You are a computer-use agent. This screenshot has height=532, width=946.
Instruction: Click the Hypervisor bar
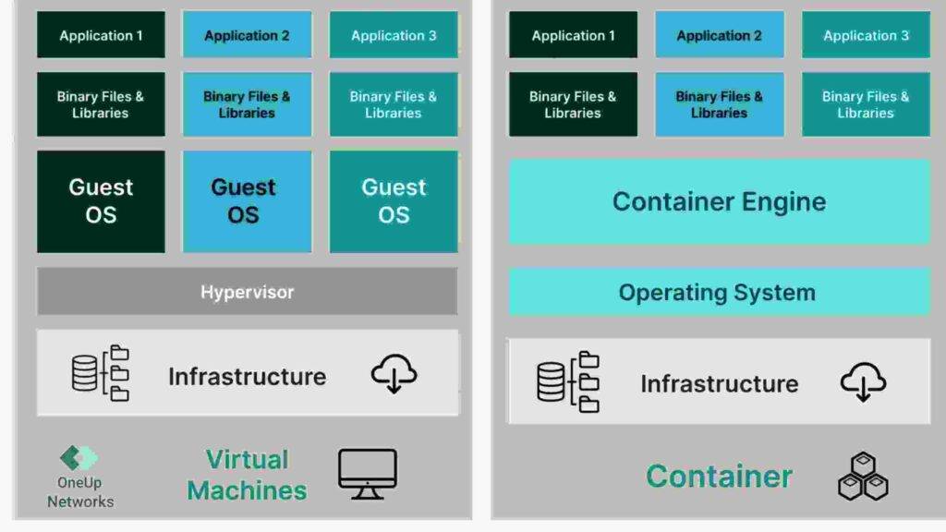click(x=247, y=292)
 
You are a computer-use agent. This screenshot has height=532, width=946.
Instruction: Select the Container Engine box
click(x=719, y=201)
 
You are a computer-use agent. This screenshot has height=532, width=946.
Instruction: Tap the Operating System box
click(x=719, y=293)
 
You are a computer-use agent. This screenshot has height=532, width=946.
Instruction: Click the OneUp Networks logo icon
click(x=79, y=458)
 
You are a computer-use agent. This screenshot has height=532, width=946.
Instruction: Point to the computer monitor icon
click(x=367, y=475)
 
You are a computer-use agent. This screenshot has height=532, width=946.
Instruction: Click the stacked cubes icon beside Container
click(x=863, y=477)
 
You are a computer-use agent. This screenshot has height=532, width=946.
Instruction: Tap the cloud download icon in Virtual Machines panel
click(x=394, y=374)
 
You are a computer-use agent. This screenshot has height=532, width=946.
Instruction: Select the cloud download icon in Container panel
click(x=863, y=381)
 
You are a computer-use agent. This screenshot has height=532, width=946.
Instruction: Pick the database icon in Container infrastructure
click(x=552, y=381)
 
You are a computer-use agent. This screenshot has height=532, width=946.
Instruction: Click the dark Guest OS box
click(x=101, y=201)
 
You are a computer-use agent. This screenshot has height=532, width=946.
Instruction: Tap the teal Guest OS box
click(x=394, y=201)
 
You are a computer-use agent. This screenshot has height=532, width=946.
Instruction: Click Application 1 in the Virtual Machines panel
click(x=101, y=36)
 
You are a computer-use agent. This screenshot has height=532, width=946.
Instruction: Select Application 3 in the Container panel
click(x=866, y=36)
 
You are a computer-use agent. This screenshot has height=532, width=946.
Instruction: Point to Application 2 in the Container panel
click(x=719, y=36)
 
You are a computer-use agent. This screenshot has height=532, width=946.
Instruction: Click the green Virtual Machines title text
click(x=247, y=475)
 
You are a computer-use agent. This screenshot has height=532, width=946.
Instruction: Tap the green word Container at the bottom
click(x=719, y=477)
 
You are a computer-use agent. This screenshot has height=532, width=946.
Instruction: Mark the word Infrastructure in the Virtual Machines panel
click(x=247, y=377)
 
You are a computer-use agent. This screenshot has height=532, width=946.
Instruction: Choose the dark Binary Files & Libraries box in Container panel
click(x=573, y=104)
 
